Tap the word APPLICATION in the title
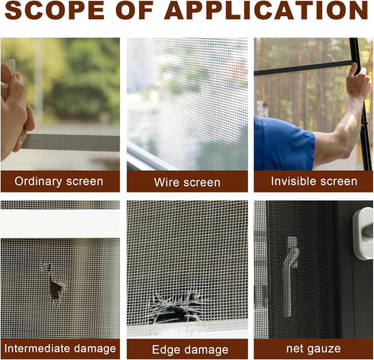click(264, 11)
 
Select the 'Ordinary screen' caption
click(60, 182)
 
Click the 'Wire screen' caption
click(187, 182)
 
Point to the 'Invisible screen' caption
click(314, 182)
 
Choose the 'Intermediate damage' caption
click(60, 349)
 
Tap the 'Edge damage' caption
click(187, 349)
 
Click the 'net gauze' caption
click(314, 349)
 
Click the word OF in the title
click(135, 11)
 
